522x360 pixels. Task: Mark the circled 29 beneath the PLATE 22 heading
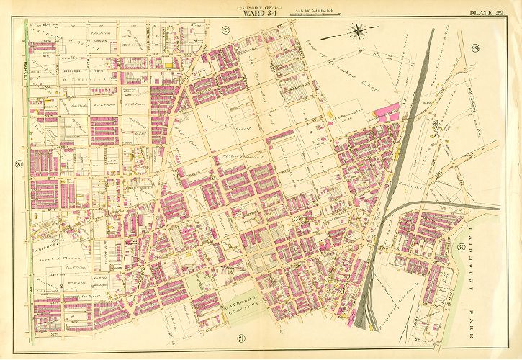pyautogui.click(x=495, y=48)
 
